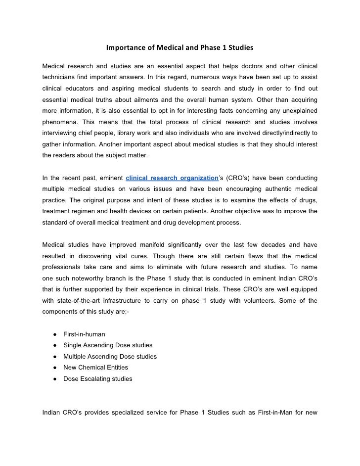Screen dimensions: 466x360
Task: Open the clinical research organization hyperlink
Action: click(x=172, y=178)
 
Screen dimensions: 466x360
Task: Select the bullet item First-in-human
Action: click(x=84, y=334)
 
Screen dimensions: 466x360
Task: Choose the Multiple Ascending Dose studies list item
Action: click(x=110, y=357)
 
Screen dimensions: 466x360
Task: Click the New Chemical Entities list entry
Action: click(x=95, y=368)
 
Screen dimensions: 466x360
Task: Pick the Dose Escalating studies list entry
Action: click(x=97, y=379)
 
